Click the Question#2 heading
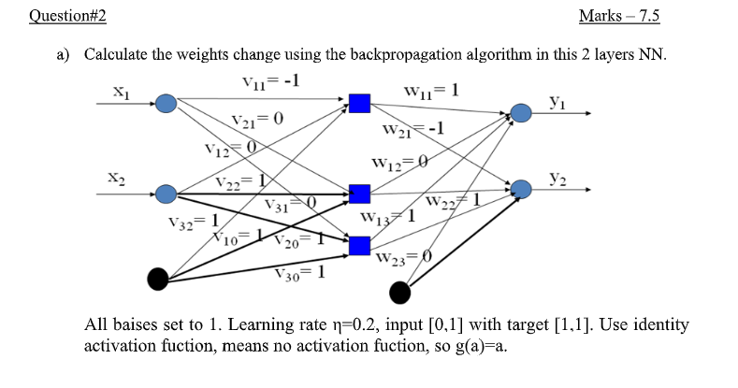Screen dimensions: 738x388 (67, 16)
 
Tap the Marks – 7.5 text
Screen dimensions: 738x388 (619, 16)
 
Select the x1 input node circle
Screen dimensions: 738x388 (166, 104)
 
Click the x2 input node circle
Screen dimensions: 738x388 (166, 194)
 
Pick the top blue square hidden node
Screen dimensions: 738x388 (359, 104)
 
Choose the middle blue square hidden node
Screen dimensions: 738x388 (359, 194)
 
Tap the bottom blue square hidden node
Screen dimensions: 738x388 (359, 246)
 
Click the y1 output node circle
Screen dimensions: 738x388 (521, 113)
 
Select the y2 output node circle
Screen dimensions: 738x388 (521, 189)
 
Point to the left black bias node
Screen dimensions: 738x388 (158, 279)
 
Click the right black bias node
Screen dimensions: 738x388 (400, 293)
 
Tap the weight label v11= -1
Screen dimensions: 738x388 (270, 82)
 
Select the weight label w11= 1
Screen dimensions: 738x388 (431, 91)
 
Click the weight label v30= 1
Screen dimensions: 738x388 (300, 273)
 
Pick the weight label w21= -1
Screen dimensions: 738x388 (412, 129)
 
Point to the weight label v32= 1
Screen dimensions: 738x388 (194, 222)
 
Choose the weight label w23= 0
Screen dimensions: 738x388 (404, 258)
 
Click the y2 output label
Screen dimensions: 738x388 (557, 180)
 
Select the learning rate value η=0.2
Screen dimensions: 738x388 (356, 324)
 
